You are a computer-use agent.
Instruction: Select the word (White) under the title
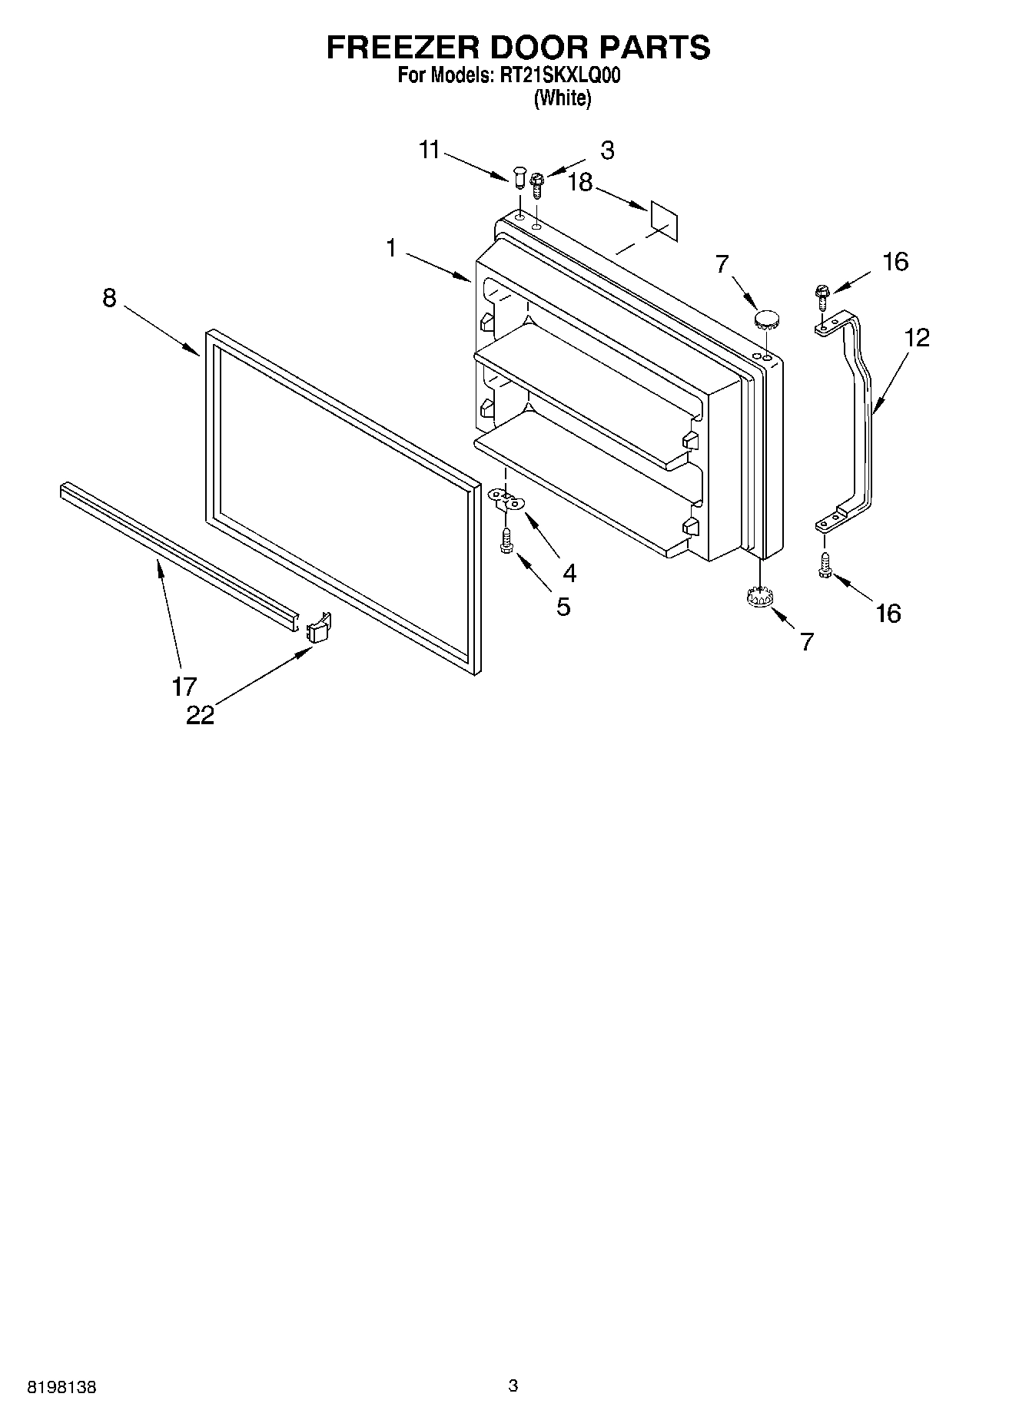click(563, 98)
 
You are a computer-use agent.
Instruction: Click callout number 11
click(430, 150)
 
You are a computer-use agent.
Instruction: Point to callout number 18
click(581, 183)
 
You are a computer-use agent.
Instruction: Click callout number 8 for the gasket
click(109, 298)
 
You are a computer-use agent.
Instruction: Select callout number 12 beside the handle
click(916, 337)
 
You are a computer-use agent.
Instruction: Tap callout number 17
click(184, 685)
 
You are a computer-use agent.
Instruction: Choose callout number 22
click(200, 715)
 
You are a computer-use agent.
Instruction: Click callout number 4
click(569, 572)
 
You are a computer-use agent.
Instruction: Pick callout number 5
click(563, 607)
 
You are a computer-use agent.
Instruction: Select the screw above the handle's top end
click(821, 295)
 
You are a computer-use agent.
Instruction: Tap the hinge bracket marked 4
click(506, 501)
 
